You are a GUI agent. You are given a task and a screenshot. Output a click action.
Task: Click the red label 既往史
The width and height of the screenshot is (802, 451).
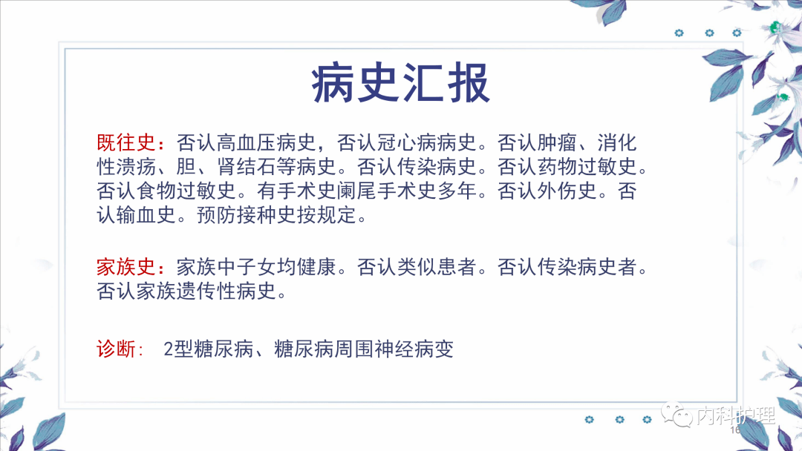(x=125, y=142)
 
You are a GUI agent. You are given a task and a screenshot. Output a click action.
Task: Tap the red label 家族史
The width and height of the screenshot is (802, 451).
(x=125, y=266)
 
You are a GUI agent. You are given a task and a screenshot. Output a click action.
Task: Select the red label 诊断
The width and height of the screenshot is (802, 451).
(x=116, y=349)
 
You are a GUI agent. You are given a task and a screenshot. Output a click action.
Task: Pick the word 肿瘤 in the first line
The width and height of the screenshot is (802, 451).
(x=557, y=142)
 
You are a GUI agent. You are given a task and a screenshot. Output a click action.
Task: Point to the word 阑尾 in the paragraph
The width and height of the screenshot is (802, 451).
(x=357, y=191)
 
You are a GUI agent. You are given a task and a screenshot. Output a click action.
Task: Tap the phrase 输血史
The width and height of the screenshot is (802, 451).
(x=146, y=215)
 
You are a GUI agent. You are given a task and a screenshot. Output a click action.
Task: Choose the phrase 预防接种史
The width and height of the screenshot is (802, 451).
(x=247, y=215)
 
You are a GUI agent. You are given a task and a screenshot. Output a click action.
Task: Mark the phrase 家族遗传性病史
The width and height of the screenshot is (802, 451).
(x=206, y=291)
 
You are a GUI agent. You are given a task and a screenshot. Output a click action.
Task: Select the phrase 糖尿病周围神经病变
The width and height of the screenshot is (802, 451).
(x=364, y=349)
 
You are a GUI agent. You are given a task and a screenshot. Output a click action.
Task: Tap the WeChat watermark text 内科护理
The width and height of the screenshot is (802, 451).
(x=736, y=415)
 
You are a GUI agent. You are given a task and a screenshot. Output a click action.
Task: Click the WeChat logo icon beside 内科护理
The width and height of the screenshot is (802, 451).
(x=677, y=414)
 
